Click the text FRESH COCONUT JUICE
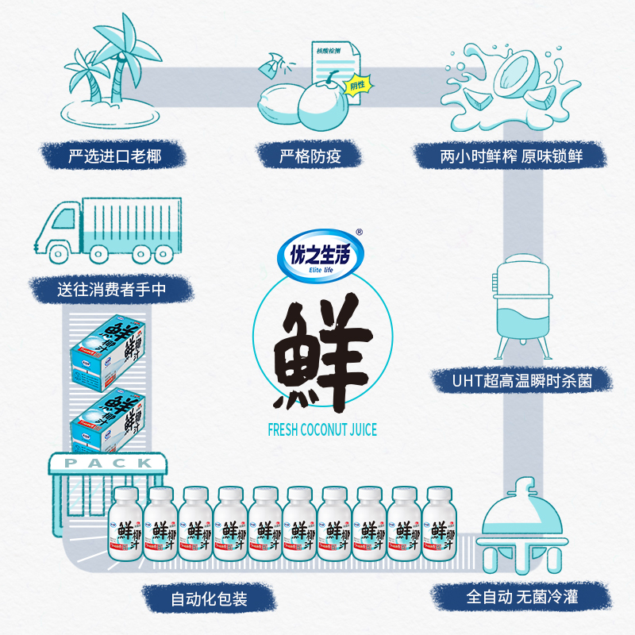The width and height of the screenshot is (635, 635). pyautogui.click(x=317, y=430)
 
